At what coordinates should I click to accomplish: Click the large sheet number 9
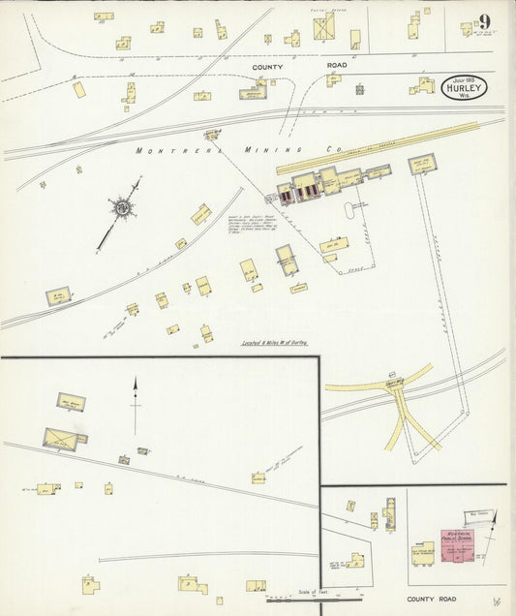tap(483, 22)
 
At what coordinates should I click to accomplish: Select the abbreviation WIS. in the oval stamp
tap(465, 98)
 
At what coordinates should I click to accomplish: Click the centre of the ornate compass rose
tap(123, 206)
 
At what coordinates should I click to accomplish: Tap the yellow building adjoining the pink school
tap(423, 553)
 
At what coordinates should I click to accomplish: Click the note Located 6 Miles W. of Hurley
tap(280, 343)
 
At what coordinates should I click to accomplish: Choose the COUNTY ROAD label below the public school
tap(431, 600)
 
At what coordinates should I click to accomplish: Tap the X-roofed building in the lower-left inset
tap(62, 440)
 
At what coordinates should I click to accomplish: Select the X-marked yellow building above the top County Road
tap(323, 26)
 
